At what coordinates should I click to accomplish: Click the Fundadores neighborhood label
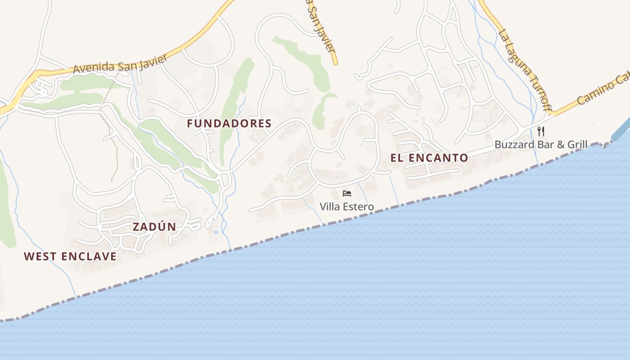(x=229, y=123)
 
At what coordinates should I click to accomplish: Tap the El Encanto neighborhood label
(x=429, y=158)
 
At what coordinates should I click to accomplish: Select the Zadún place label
(x=154, y=227)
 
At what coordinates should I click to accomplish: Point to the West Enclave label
(x=70, y=256)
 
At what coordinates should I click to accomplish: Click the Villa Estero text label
(x=346, y=207)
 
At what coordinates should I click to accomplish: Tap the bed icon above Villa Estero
(x=346, y=193)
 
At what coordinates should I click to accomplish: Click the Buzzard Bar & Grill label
(x=541, y=144)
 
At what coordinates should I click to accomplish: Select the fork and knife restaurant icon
(x=541, y=131)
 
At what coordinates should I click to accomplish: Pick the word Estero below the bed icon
(x=359, y=207)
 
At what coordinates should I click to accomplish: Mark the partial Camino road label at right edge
(x=603, y=90)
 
